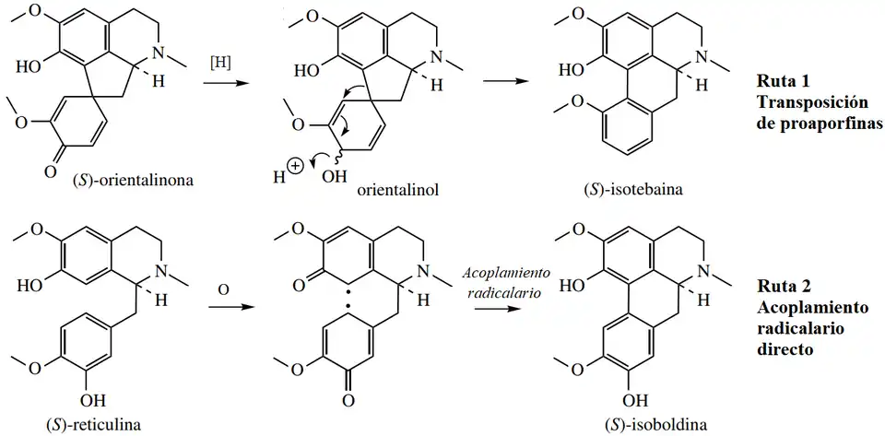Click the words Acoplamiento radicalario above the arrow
coord(506,283)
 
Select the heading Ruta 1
coord(782,78)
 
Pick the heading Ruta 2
coord(782,286)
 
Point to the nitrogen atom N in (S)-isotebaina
coord(703,58)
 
